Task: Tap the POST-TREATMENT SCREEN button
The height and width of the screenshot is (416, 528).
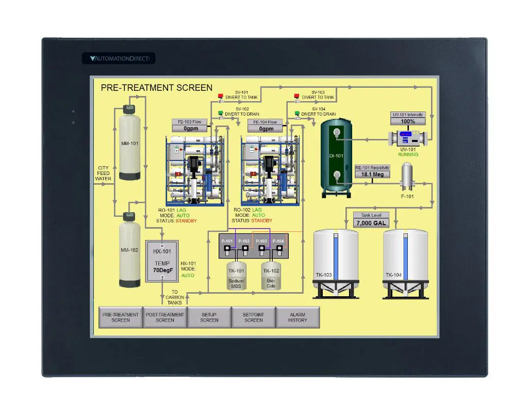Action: coord(165,317)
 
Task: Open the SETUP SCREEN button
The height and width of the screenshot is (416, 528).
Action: coord(209,317)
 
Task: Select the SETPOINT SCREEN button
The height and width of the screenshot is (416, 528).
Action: coord(254,317)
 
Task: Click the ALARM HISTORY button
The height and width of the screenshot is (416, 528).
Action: coord(298,317)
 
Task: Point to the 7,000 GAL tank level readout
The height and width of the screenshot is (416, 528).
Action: coord(371,223)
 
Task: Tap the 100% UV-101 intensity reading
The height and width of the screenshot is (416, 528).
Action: coord(408,122)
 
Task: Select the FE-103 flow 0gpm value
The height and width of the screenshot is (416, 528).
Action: coord(190,129)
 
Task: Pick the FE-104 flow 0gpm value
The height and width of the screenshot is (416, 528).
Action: coord(266,129)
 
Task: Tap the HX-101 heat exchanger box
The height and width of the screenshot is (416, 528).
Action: coord(162,261)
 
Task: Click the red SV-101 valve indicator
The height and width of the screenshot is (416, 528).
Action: coord(221,96)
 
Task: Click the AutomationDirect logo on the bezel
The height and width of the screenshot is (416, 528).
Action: coord(119,58)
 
